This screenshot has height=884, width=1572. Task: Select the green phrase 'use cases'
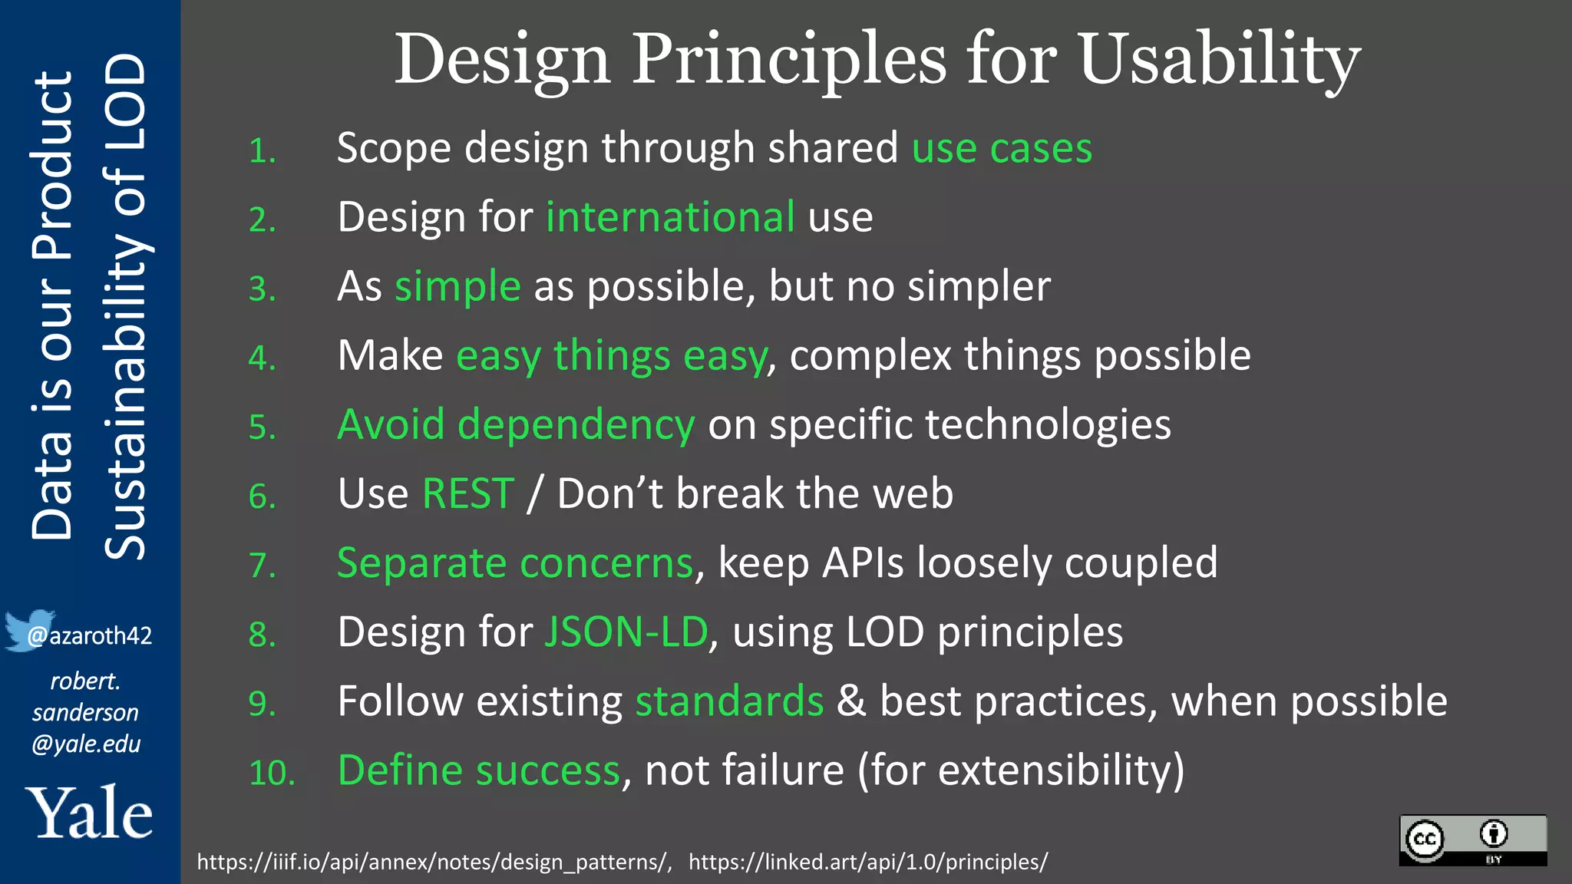(1002, 148)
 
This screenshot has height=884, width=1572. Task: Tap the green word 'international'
(670, 217)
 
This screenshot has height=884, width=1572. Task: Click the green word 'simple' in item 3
(457, 287)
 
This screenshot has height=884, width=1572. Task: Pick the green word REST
(468, 493)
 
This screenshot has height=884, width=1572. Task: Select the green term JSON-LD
(626, 632)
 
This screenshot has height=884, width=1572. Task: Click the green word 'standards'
(729, 701)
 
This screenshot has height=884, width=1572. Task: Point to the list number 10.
(272, 773)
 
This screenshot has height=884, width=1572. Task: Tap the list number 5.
(262, 427)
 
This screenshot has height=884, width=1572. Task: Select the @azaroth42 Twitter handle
(90, 636)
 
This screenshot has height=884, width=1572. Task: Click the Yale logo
(89, 813)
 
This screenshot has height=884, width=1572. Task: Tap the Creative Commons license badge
(1472, 840)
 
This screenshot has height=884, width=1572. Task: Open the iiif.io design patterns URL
(434, 862)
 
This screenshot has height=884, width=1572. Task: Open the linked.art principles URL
(867, 862)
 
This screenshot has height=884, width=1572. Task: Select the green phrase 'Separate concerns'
(515, 563)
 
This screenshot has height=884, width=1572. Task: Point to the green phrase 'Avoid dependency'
(516, 425)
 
